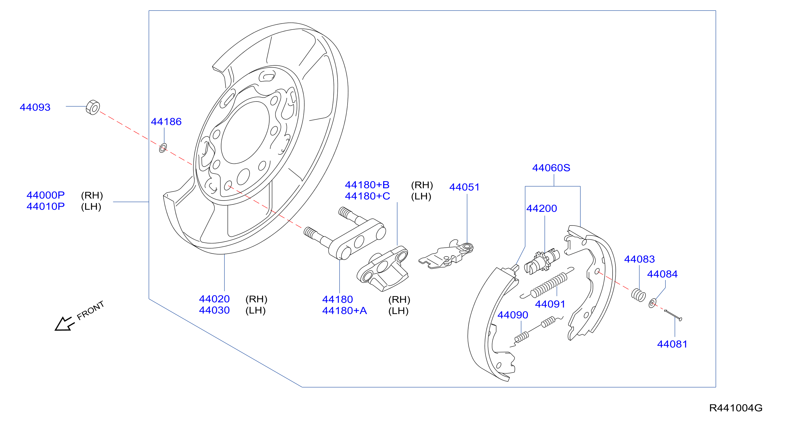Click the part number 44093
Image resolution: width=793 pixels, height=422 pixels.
click(35, 107)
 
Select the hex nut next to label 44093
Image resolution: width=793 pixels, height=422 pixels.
click(93, 107)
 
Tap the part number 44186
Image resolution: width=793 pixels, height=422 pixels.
click(166, 122)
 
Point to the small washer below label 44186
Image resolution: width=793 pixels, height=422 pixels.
click(163, 148)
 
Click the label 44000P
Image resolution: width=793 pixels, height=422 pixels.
click(46, 195)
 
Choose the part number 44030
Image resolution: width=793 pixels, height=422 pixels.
click(214, 310)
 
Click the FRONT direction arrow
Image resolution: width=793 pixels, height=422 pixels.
click(64, 324)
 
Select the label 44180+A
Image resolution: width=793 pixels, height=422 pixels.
click(344, 311)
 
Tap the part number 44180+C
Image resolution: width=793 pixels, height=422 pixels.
click(367, 196)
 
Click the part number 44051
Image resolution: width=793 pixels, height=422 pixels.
click(465, 187)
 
